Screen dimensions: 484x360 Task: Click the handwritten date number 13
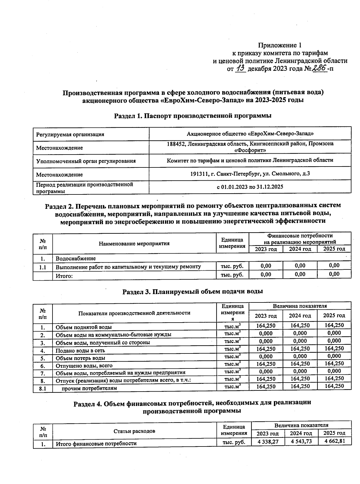[241, 68]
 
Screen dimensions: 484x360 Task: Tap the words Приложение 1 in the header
[280, 45]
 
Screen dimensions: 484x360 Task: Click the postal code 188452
[176, 144]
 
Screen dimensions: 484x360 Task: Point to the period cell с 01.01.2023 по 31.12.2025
[250, 187]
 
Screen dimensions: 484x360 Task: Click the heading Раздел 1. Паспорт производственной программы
[193, 116]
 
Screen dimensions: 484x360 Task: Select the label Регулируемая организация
[70, 135]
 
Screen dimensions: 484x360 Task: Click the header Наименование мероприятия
[134, 243]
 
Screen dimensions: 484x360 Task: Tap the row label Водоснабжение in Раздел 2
[76, 258]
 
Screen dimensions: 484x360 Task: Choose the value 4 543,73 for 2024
[300, 441]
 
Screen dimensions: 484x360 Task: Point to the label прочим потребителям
[89, 388]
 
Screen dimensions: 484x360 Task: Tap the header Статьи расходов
[134, 431]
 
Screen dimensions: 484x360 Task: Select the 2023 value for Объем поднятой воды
[265, 326]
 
